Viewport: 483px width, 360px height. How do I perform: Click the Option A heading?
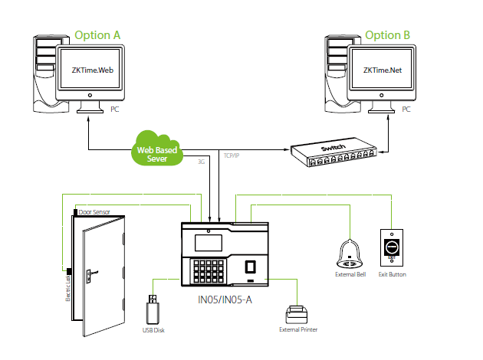pos(98,34)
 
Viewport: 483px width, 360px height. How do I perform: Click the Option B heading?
pos(388,34)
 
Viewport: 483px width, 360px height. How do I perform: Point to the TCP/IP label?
pos(232,155)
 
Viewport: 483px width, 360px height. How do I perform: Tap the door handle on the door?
pos(90,272)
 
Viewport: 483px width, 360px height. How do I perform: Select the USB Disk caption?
pos(153,330)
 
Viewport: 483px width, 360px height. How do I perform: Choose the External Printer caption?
pos(298,330)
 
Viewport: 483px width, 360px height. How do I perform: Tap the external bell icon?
pos(349,253)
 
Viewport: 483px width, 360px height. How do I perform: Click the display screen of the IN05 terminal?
pos(209,241)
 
